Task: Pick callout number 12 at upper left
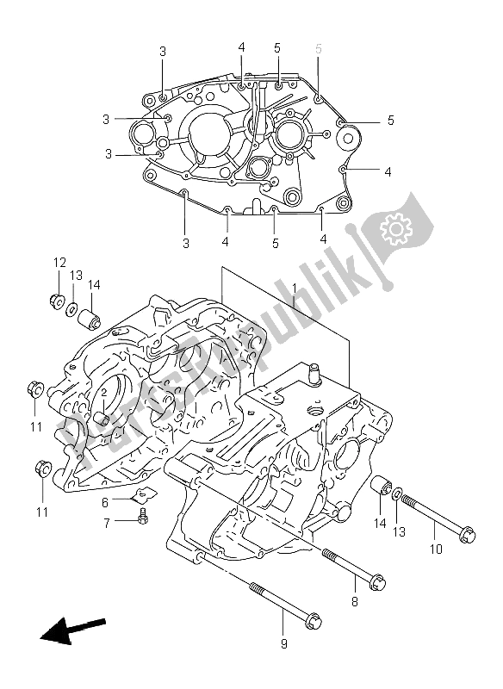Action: pyautogui.click(x=59, y=262)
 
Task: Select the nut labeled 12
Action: pyautogui.click(x=57, y=301)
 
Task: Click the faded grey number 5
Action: pyautogui.click(x=319, y=49)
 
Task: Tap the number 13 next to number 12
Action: pyautogui.click(x=77, y=275)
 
